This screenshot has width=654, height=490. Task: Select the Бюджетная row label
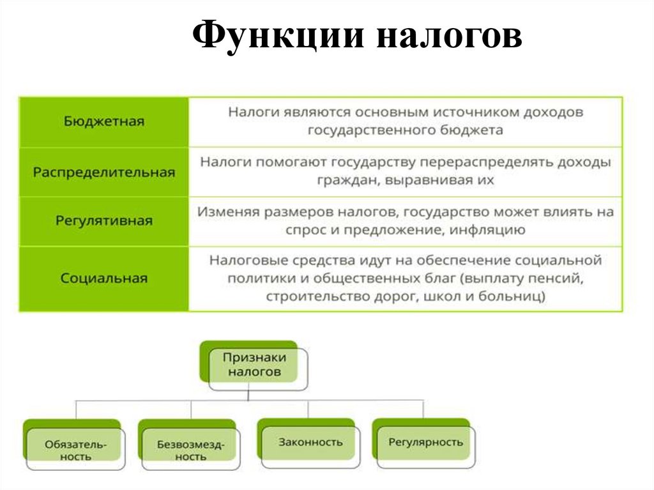tap(104, 121)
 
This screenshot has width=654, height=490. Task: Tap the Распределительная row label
tap(104, 172)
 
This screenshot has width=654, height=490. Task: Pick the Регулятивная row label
tap(104, 220)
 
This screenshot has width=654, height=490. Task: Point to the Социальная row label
tap(104, 279)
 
